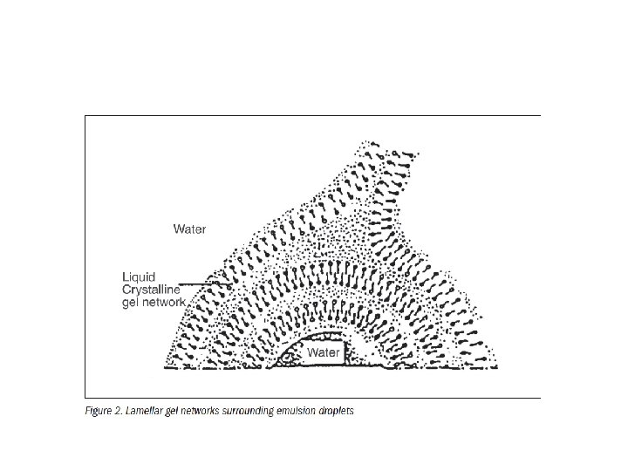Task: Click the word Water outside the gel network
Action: [x=189, y=229]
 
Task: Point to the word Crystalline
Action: [x=150, y=290]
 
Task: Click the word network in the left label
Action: [x=164, y=302]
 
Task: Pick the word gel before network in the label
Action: [x=130, y=302]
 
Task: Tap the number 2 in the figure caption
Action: [x=122, y=411]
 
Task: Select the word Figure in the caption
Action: [x=100, y=411]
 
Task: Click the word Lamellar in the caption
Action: [x=149, y=411]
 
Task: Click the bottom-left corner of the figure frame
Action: [x=85, y=398]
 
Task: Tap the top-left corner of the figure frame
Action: [x=85, y=115]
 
